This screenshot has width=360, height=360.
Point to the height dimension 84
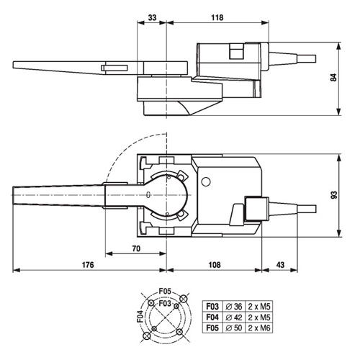click(x=333, y=78)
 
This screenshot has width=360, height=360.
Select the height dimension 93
click(x=333, y=195)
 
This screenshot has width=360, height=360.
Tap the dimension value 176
click(x=88, y=265)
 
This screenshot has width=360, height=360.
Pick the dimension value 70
click(x=135, y=248)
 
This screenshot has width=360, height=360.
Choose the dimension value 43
click(x=280, y=265)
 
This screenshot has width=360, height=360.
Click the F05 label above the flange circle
click(x=165, y=291)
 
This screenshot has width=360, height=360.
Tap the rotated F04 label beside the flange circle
click(x=140, y=317)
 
